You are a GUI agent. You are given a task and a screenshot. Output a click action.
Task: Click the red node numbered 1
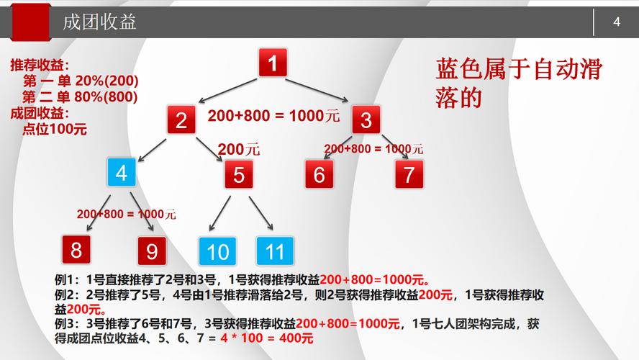273,63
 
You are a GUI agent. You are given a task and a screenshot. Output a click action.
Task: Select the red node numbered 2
181,120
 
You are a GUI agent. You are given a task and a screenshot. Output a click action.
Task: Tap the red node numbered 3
366,120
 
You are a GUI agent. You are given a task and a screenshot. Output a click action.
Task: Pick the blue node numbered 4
122,173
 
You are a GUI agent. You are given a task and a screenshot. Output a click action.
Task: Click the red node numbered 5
239,174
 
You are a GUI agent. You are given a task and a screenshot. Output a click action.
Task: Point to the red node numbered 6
319,174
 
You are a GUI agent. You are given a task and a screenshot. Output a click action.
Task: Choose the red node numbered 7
409,174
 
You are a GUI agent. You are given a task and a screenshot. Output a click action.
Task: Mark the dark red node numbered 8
76,250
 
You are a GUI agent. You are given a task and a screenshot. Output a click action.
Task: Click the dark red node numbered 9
152,251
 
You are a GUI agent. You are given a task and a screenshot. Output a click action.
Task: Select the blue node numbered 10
217,251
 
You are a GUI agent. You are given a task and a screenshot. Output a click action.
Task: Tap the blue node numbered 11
275,251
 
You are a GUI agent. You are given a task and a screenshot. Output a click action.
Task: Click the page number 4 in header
617,22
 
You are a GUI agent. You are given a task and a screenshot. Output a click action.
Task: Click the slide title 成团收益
99,22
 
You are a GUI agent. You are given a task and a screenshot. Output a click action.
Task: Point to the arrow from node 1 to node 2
227,91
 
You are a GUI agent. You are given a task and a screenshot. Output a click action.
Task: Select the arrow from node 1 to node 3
317,91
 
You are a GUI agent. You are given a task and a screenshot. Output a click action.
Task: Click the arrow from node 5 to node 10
219,214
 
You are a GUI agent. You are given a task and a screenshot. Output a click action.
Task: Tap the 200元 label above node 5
238,149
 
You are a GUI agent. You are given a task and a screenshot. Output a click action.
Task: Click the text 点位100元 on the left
55,129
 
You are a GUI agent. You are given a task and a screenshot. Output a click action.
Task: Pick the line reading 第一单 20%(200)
81,81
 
